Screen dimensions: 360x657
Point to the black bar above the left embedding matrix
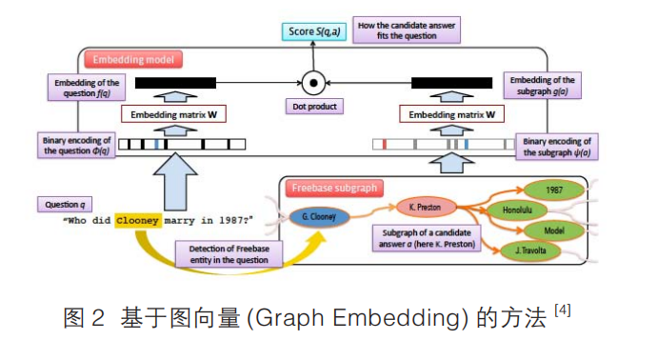[187, 84]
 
